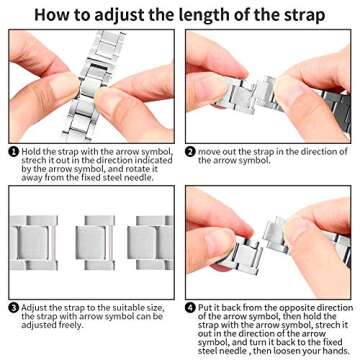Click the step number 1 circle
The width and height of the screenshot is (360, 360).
(x=13, y=152)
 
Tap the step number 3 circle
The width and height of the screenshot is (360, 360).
(x=13, y=308)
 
